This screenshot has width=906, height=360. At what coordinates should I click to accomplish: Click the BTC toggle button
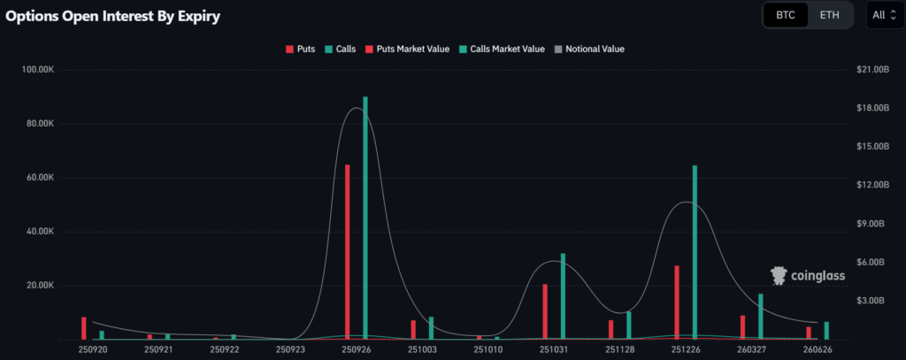point(786,15)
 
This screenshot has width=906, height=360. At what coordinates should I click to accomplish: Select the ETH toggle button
point(830,15)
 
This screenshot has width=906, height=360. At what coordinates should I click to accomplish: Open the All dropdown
point(884,15)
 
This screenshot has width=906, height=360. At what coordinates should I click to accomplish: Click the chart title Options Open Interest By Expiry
point(113,16)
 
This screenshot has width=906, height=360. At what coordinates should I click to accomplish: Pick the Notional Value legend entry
point(589,49)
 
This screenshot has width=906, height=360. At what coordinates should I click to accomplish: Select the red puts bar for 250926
point(347,251)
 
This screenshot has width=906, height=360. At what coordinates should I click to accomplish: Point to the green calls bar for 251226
point(695,252)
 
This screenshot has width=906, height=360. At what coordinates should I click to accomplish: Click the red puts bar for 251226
point(676,302)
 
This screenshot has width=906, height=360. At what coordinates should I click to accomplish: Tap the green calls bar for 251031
point(563,296)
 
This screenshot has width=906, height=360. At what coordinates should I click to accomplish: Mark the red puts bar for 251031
point(545,311)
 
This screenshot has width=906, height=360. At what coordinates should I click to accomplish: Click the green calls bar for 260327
point(760,317)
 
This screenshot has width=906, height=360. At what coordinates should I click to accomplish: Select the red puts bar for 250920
point(84,328)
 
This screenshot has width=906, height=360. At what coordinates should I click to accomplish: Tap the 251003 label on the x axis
point(422,350)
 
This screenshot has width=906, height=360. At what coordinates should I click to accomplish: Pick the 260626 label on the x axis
point(818,350)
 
